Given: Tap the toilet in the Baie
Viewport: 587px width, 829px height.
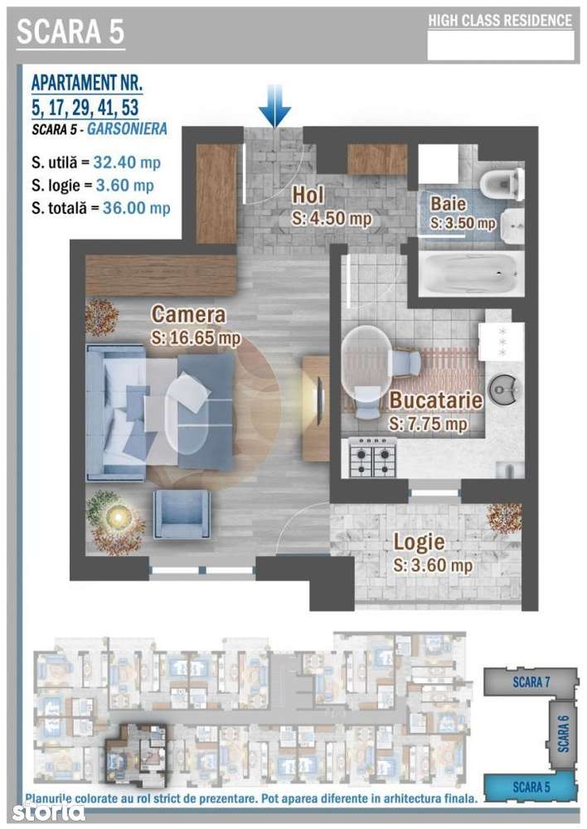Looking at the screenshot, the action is pos(502,184).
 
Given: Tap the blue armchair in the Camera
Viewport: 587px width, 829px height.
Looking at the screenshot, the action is pos(182,513).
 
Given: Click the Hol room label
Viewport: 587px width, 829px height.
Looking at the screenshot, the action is pos(308,195).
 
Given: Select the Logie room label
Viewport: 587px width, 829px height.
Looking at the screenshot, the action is pos(419,542).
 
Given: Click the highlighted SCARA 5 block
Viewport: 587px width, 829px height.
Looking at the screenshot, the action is pos(530,787).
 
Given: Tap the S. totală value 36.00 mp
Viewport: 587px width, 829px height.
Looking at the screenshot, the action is pos(137,207).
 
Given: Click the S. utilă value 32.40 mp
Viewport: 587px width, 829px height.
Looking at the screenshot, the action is pos(127,162).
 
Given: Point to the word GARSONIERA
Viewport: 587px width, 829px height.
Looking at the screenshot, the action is pos(127,128).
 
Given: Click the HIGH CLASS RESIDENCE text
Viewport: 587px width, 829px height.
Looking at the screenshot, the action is pos(500,21).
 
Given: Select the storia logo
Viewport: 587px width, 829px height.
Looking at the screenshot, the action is pos(48,811).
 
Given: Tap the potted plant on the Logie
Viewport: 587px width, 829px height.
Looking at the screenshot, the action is pos(504,518).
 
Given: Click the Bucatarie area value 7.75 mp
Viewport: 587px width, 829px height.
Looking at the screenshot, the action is pos(429,424).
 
